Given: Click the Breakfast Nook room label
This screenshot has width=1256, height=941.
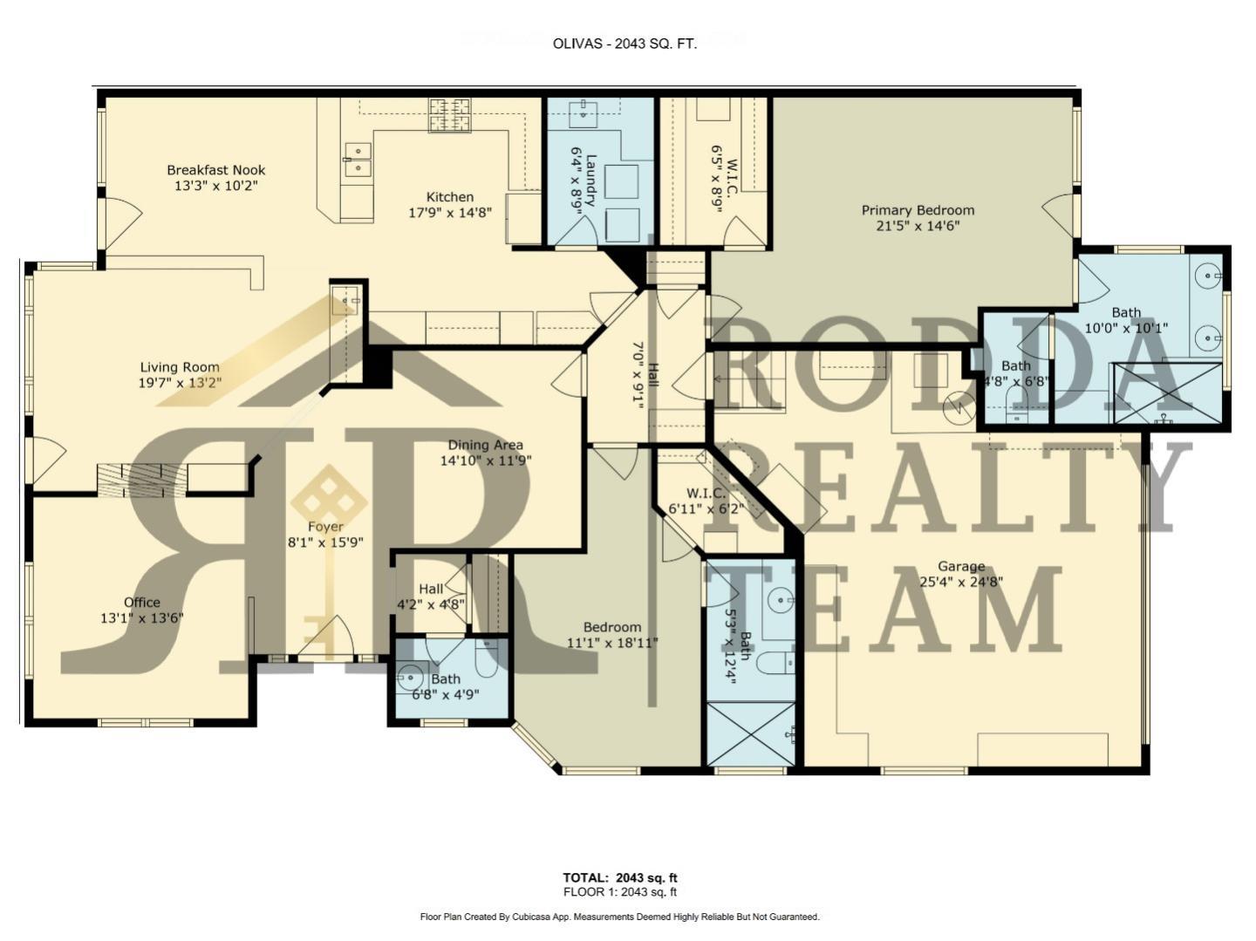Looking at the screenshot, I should pos(215,170).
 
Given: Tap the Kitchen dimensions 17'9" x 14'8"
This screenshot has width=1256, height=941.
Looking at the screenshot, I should pos(449,212).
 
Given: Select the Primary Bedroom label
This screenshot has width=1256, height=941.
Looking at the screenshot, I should pos(918,210).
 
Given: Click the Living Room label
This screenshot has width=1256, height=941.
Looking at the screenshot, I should pos(180,367).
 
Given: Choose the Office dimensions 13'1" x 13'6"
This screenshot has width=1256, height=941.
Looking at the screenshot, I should pos(141,618).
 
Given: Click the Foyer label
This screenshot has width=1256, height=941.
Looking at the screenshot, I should pos(324,527).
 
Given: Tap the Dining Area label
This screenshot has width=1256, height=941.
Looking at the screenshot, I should pos(485,445).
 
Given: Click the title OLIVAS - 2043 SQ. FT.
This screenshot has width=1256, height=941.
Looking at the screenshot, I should pos(625,44).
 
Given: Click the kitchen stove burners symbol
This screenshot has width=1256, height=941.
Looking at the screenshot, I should pos(449,114).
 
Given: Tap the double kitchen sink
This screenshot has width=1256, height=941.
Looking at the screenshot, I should pos(358,160).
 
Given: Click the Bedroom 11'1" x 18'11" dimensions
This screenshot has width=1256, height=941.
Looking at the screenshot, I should pos(612,643).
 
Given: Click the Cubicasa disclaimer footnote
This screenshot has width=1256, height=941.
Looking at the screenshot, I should pos(619,917).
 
